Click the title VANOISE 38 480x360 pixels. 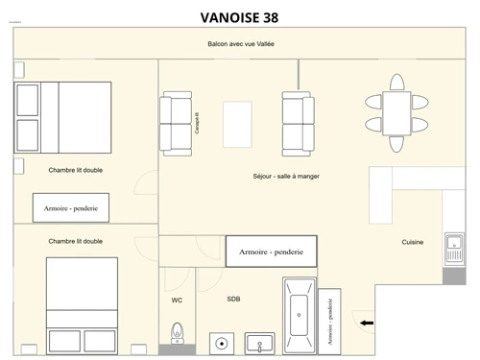click(x=240, y=16)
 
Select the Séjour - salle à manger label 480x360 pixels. click(x=286, y=177)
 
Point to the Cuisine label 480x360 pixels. click(x=413, y=242)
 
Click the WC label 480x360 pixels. click(x=177, y=300)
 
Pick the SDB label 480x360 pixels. click(x=233, y=300)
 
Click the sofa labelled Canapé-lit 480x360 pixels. click(x=176, y=123)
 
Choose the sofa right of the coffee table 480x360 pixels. click(x=298, y=123)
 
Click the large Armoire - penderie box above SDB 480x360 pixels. click(x=271, y=251)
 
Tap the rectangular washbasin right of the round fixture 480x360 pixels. click(x=259, y=342)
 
